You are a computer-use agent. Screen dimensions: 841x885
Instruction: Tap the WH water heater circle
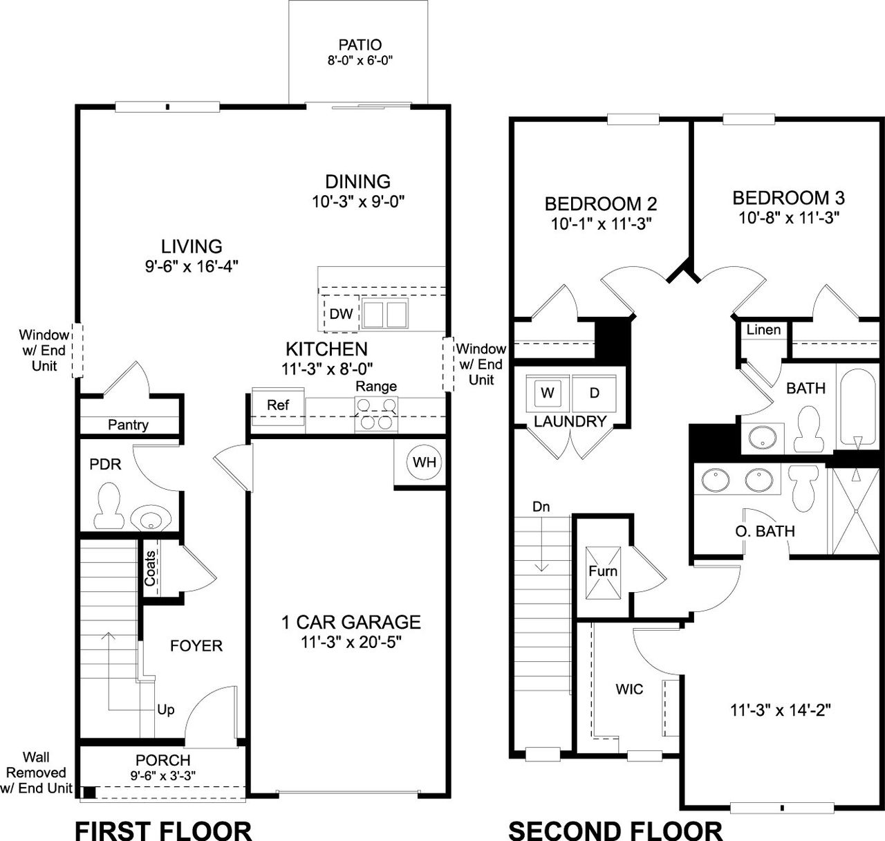[425, 461]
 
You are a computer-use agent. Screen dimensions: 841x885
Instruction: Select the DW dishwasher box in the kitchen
[341, 314]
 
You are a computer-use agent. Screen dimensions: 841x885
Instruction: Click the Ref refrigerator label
[278, 405]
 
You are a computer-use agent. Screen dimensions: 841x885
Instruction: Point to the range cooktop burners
[376, 413]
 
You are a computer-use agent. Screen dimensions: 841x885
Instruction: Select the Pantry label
[128, 425]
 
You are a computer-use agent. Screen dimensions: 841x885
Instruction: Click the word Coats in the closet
[150, 569]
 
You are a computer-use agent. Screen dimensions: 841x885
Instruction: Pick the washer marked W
[548, 393]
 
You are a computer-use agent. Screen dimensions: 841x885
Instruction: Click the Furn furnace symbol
[603, 572]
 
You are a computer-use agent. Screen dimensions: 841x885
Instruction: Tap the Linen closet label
[763, 330]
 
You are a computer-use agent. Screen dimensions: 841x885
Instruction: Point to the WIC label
[629, 689]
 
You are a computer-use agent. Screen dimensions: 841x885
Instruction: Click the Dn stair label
[541, 507]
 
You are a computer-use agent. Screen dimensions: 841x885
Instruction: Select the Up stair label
[166, 710]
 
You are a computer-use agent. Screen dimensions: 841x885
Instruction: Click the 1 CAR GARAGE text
[351, 622]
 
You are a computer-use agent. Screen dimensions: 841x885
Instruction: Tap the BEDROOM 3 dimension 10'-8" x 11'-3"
[788, 218]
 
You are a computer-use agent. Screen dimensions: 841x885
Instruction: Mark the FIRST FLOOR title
[163, 829]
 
